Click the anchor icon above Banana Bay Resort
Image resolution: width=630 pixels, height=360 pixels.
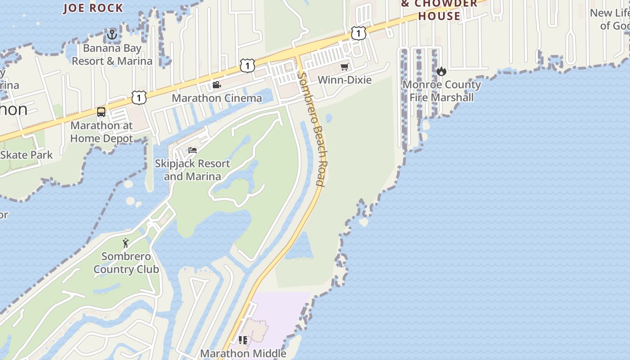112,34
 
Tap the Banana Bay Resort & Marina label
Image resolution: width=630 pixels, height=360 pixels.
112,54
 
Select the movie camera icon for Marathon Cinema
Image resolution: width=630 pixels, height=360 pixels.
216,85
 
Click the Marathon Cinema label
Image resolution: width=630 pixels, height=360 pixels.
217,98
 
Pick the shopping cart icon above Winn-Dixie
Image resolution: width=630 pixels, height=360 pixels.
345,67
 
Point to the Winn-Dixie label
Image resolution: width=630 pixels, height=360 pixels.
345,80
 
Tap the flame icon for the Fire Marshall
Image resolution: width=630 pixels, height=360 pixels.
441,71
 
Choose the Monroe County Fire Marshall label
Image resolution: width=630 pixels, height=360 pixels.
441,91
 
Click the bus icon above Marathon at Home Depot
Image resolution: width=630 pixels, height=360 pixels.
101,112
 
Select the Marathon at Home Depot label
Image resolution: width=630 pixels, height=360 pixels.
102,132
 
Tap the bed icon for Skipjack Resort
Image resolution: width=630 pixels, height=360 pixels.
193,150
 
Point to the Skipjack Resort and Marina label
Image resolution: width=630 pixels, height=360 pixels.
193,170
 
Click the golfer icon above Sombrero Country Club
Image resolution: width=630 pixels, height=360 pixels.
126,243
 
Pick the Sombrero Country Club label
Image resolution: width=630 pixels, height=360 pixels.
126,263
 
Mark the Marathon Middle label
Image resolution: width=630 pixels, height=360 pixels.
243,353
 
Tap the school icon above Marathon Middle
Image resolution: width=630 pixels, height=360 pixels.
243,340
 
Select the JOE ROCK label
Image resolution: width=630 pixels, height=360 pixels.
93,8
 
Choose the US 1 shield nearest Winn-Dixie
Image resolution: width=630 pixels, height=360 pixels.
358,33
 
